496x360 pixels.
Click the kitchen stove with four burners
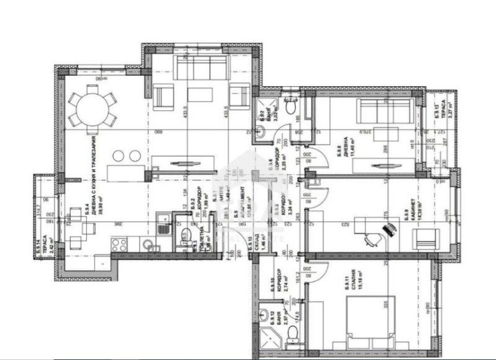(x=118, y=244)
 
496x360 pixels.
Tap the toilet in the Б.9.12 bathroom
(x=294, y=333)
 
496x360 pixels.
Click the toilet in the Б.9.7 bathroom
(x=290, y=98)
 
